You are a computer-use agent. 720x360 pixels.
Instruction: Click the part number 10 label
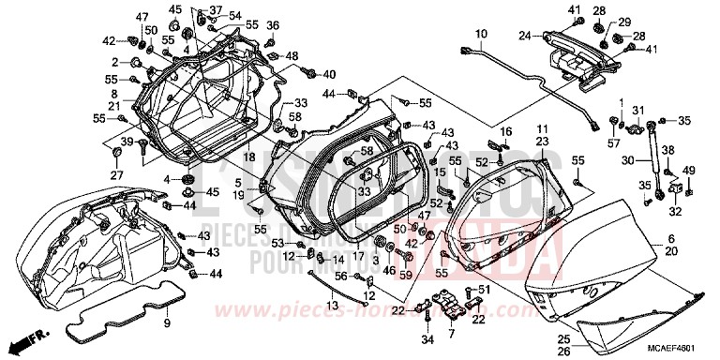(x=480, y=35)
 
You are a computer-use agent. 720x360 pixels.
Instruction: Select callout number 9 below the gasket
(x=168, y=324)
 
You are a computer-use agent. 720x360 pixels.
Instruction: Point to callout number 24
(x=525, y=37)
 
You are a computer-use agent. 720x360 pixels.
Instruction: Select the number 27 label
(x=117, y=175)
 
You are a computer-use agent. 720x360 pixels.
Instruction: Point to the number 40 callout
(x=329, y=74)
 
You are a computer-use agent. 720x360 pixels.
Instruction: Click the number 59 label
(x=406, y=275)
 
